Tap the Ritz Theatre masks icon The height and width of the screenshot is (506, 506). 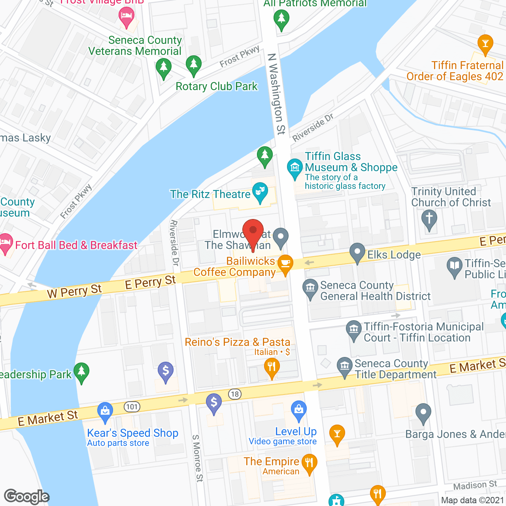click(x=260, y=192)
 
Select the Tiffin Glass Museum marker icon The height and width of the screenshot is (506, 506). click(x=295, y=168)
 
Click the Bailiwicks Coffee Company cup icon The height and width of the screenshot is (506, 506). click(x=285, y=264)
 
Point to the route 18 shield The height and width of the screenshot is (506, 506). click(x=235, y=394)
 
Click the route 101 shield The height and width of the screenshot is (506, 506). click(x=132, y=406)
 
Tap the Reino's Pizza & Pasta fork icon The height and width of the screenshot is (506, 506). click(x=272, y=367)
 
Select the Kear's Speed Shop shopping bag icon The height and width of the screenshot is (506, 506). click(x=105, y=411)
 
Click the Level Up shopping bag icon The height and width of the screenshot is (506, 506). click(x=299, y=410)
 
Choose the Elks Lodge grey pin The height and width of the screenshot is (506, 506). click(x=357, y=252)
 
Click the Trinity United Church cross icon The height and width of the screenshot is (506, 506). click(x=429, y=219)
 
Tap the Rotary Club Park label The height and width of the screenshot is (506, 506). click(x=216, y=86)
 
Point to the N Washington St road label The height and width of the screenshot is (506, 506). click(x=276, y=94)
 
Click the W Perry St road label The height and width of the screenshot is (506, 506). click(x=74, y=291)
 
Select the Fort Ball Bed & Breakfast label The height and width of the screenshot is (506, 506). click(x=76, y=245)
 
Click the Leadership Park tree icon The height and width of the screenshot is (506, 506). click(x=81, y=372)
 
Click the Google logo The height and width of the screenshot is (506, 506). click(x=27, y=497)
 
